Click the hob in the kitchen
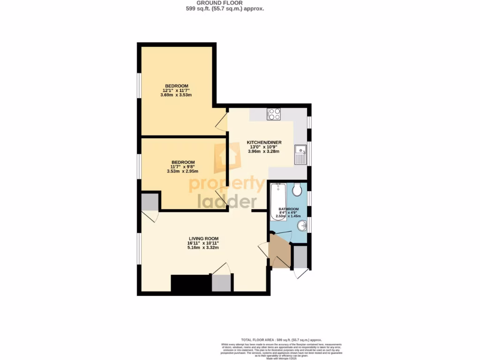coord(274,114)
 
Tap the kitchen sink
coord(300,155)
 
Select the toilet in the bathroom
coord(296,190)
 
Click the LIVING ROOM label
coord(203,238)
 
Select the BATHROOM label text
coord(288,209)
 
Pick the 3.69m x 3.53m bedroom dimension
coord(176,95)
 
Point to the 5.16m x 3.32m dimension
coord(203,247)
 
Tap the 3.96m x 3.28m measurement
coord(264,151)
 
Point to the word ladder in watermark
coord(227,201)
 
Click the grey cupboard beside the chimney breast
coord(221,283)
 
